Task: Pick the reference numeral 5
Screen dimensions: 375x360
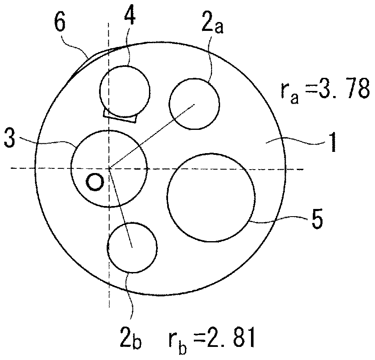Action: point(317,220)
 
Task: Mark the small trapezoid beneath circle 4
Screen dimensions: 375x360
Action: point(121,116)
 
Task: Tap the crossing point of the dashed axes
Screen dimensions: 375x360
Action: point(109,169)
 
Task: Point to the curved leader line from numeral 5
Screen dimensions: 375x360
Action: point(279,220)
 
